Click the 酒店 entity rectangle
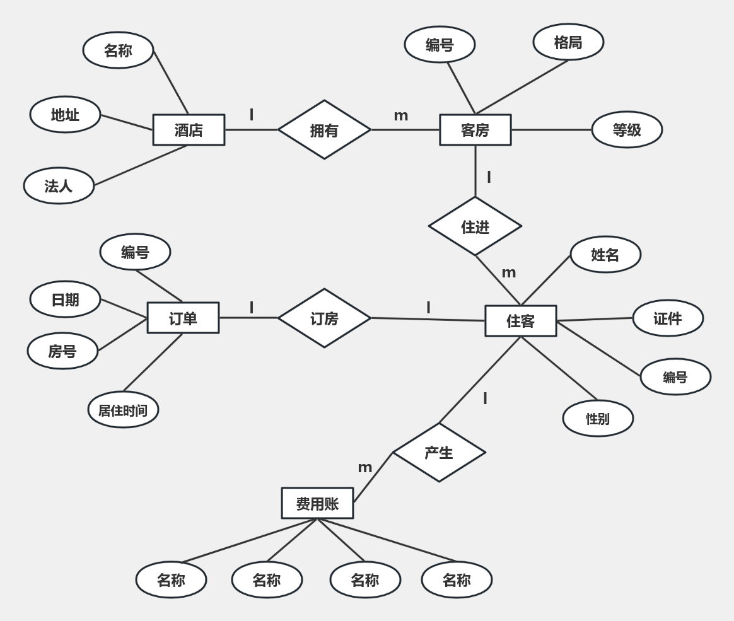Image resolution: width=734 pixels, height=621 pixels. tap(189, 130)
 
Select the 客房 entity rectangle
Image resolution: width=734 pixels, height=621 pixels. tap(475, 130)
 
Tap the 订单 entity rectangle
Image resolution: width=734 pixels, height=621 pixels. tap(183, 318)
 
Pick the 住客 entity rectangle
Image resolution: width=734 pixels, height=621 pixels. tap(520, 321)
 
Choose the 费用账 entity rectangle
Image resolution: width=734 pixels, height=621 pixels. tap(317, 503)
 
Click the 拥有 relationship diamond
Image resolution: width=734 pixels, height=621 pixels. tap(324, 130)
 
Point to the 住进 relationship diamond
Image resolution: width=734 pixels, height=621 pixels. tap(475, 226)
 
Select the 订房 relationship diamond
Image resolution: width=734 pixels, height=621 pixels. tap(324, 318)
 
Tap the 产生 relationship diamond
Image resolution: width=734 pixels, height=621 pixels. tap(439, 453)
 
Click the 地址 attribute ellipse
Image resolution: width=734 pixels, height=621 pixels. tap(65, 115)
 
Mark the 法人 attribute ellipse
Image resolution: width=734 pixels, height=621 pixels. tap(59, 186)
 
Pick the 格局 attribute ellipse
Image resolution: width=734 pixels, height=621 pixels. tap(568, 42)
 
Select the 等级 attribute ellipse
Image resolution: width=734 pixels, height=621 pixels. tap(627, 130)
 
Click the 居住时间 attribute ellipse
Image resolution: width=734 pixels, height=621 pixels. tap(123, 409)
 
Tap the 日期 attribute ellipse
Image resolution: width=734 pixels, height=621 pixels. tap(65, 299)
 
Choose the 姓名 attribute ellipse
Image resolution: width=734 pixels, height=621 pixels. tap(606, 254)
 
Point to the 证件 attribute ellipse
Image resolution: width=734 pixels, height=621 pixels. tap(668, 318)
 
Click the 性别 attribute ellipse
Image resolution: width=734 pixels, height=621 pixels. tap(598, 419)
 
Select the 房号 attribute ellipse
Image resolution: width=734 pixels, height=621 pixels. tap(62, 351)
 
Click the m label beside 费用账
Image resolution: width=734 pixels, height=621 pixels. tap(365, 468)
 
